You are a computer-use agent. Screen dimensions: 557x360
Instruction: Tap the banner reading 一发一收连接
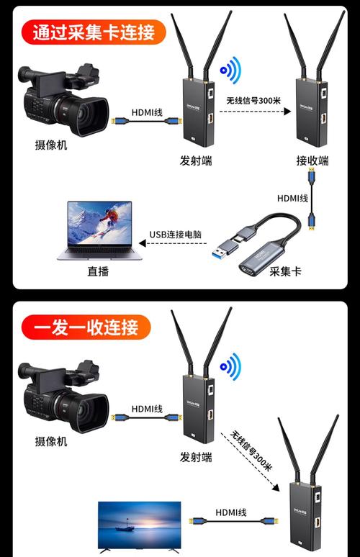pyautogui.click(x=86, y=327)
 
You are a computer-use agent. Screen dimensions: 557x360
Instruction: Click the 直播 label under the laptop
pyautogui.click(x=97, y=272)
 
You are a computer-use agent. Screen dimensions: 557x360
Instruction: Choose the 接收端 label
pyautogui.click(x=312, y=160)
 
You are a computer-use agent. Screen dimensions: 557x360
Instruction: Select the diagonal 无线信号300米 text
pyautogui.click(x=252, y=450)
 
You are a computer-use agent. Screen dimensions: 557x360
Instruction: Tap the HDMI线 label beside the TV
pyautogui.click(x=231, y=512)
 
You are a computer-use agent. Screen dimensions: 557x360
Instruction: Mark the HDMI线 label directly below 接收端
pyautogui.click(x=293, y=198)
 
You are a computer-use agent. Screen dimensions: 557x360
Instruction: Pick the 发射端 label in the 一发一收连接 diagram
pyautogui.click(x=196, y=456)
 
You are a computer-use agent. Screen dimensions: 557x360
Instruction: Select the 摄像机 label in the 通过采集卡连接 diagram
pyautogui.click(x=50, y=145)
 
